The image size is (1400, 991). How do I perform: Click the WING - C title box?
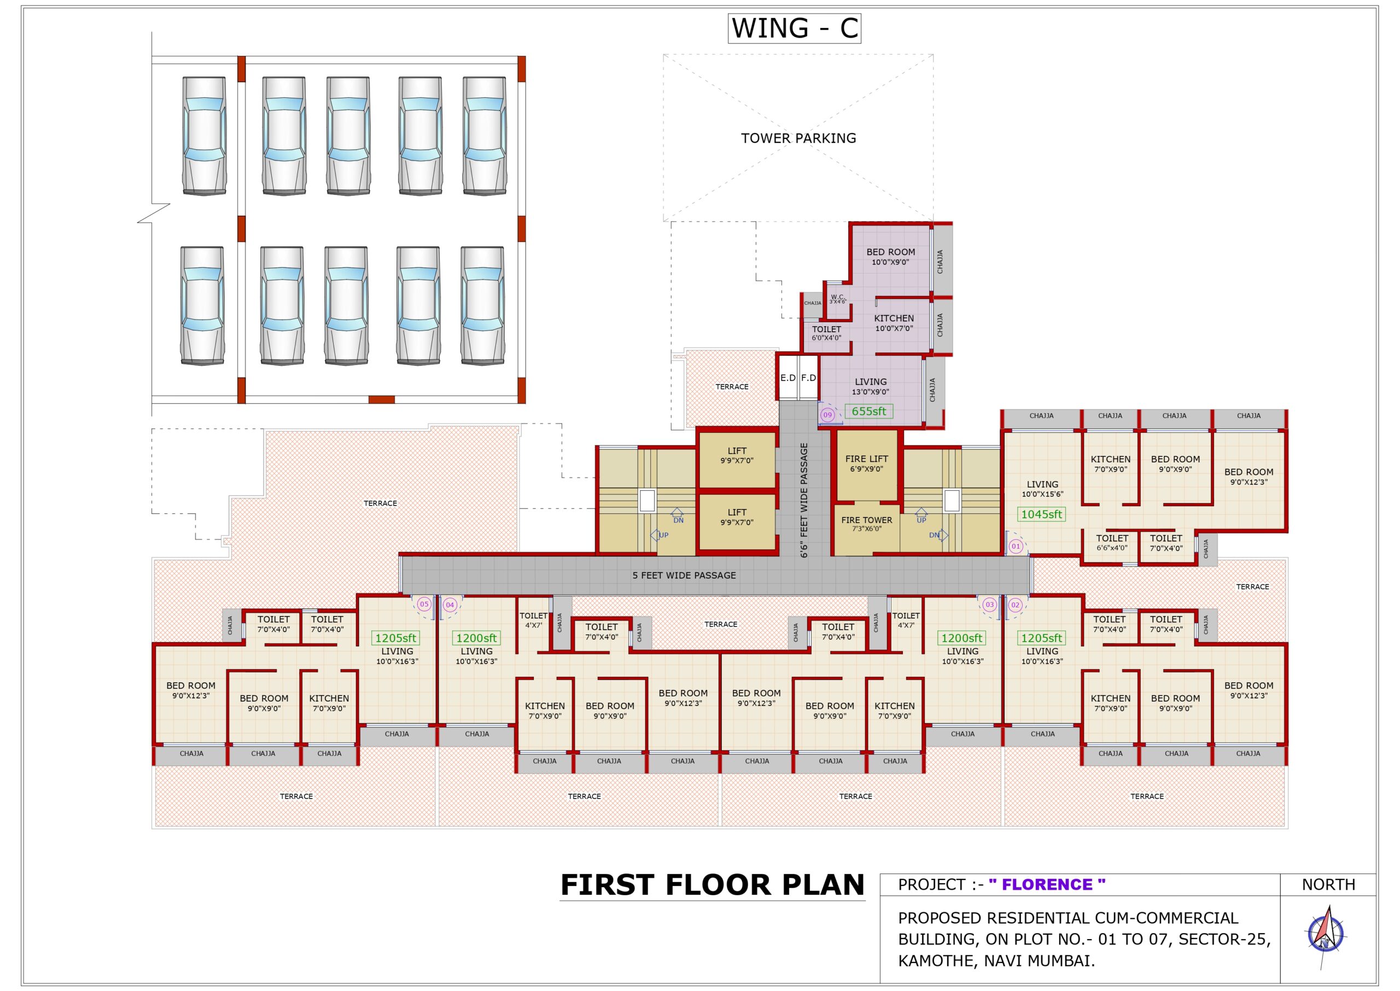pyautogui.click(x=794, y=28)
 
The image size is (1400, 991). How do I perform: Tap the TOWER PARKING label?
pyautogui.click(x=798, y=138)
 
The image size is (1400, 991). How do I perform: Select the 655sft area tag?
pyautogui.click(x=868, y=412)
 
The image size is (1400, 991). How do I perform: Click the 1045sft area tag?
pyautogui.click(x=1041, y=514)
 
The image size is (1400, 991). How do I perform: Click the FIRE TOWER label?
pyautogui.click(x=866, y=524)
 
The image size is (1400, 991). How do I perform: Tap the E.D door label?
pyautogui.click(x=788, y=378)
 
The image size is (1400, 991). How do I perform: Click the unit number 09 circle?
pyautogui.click(x=827, y=415)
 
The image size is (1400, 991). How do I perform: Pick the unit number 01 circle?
pyautogui.click(x=1015, y=546)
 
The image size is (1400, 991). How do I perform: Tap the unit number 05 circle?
pyautogui.click(x=423, y=604)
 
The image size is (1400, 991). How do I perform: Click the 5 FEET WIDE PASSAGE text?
pyautogui.click(x=684, y=576)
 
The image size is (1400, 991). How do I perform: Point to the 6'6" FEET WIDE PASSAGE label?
pyautogui.click(x=804, y=500)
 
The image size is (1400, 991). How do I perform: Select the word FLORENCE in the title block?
pyautogui.click(x=1046, y=884)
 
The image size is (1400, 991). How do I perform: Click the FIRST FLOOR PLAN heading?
pyautogui.click(x=711, y=885)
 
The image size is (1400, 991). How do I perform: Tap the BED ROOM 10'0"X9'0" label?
pyautogui.click(x=890, y=256)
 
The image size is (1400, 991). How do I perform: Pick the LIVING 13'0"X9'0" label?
pyautogui.click(x=870, y=386)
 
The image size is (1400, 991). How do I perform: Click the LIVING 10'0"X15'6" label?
pyautogui.click(x=1042, y=489)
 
